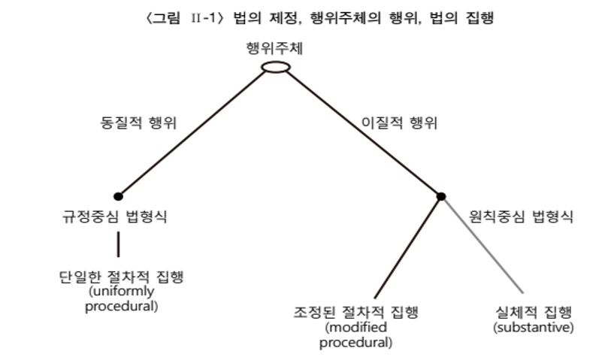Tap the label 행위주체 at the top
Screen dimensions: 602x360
274,48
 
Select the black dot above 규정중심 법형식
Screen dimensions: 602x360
118,196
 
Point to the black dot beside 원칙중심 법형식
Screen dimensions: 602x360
441,196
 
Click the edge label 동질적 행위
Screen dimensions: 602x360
138,123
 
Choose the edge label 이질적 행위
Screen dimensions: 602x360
400,123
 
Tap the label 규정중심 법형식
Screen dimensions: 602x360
114,216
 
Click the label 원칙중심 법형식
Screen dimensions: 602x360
521,216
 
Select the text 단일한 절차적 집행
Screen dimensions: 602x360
121,277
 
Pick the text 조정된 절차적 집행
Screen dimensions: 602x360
355,312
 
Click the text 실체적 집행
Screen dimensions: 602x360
534,312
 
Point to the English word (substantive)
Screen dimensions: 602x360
534,328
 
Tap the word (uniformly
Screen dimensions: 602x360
122,292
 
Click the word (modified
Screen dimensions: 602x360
356,328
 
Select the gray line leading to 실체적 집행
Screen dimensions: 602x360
483,245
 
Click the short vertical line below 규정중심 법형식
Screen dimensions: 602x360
118,244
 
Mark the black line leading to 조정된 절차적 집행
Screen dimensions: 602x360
407,247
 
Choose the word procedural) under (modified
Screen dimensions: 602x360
356,343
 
